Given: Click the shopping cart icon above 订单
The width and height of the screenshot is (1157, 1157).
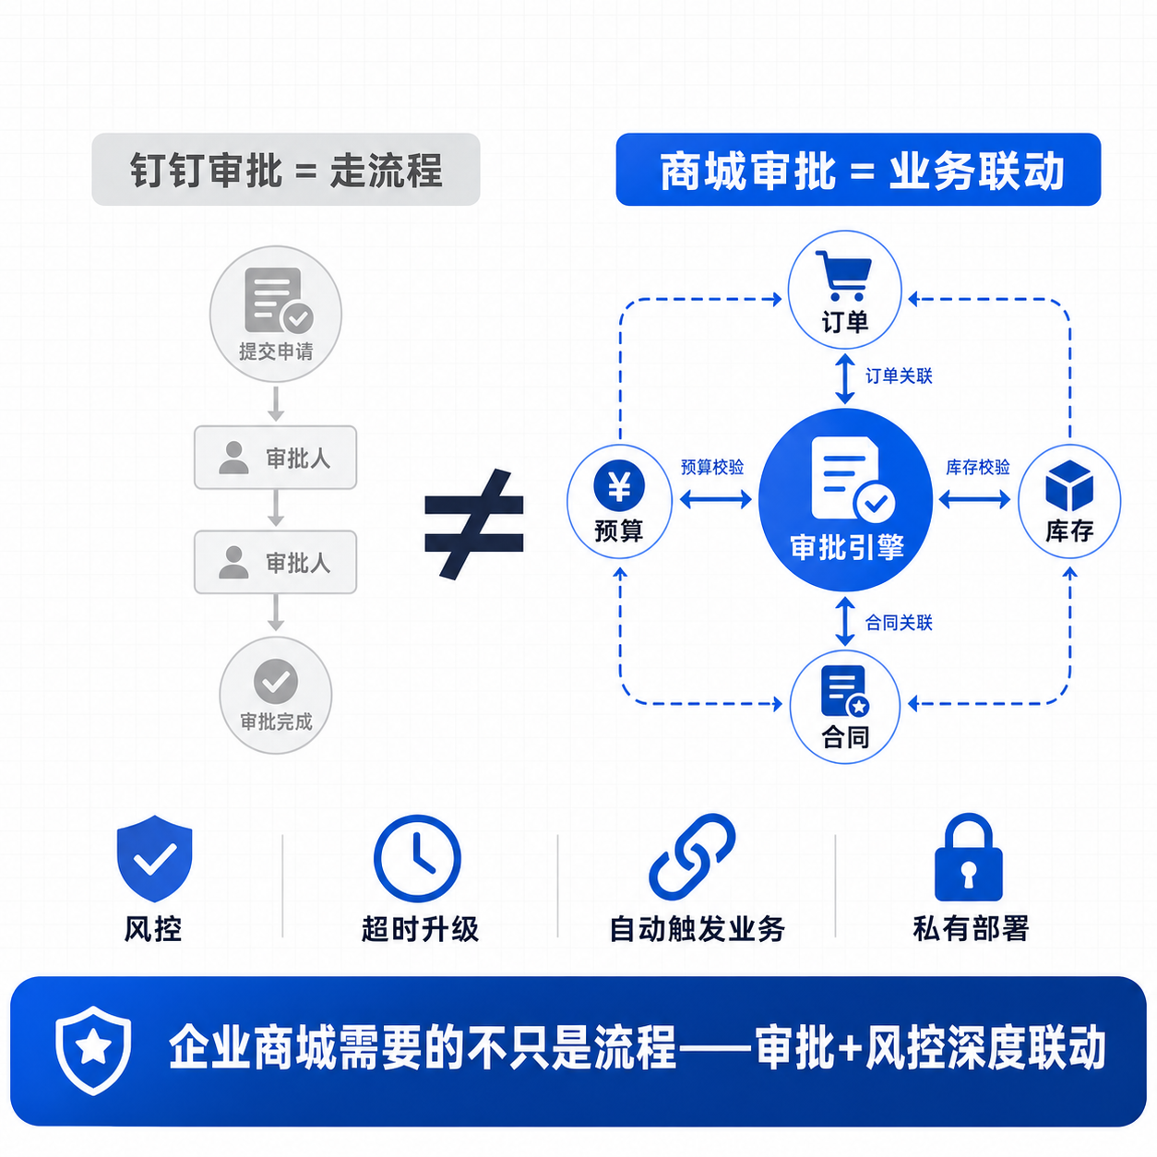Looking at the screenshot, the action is coord(843,276).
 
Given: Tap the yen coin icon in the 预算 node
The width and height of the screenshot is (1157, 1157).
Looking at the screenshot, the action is coord(619,485).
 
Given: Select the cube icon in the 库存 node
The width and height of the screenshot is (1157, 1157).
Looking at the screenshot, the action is coord(1069,485).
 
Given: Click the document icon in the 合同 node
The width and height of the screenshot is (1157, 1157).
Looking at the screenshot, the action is coord(845,691).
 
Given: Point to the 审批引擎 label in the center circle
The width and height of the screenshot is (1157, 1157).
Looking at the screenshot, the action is coord(847,547).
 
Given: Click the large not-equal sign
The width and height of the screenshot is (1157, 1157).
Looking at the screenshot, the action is coord(473,525).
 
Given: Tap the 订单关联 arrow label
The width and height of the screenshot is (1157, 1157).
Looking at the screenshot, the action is coord(899,376).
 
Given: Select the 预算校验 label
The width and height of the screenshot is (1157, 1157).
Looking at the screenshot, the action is coord(712,467).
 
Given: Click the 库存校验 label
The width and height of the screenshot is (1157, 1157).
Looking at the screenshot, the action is coord(977,467).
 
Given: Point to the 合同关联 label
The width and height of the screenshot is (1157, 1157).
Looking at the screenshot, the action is coord(899,623).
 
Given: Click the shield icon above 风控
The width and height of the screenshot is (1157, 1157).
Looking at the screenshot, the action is coord(154,858).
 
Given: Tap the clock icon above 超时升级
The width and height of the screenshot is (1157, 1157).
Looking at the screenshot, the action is coord(417,858).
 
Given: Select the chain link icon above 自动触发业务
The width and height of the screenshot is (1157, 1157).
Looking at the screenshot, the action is coord(692,857).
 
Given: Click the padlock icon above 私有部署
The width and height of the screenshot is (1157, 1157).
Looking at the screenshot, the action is coord(969,857).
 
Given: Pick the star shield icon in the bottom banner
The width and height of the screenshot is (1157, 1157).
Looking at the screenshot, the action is coord(93,1050).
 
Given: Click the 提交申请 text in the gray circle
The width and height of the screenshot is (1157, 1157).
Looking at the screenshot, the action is coord(276,352).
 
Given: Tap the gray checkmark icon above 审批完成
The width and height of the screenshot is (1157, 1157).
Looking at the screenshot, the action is coord(276,681).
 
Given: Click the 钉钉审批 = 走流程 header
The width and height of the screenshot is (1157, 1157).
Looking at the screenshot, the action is coord(286,170).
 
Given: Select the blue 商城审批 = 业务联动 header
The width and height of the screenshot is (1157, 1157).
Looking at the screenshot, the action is coord(858,170).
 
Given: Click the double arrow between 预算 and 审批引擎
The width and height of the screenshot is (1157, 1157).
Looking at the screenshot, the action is coord(716,499).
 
